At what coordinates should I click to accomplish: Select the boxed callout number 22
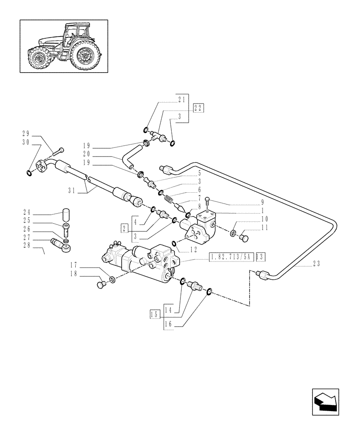pos(198,109)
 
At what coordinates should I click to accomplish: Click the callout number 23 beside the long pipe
pos(316,263)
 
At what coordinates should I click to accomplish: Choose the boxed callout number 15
pos(154,315)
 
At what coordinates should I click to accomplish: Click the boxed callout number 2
pos(125,228)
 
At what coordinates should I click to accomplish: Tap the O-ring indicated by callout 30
pos(29,174)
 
